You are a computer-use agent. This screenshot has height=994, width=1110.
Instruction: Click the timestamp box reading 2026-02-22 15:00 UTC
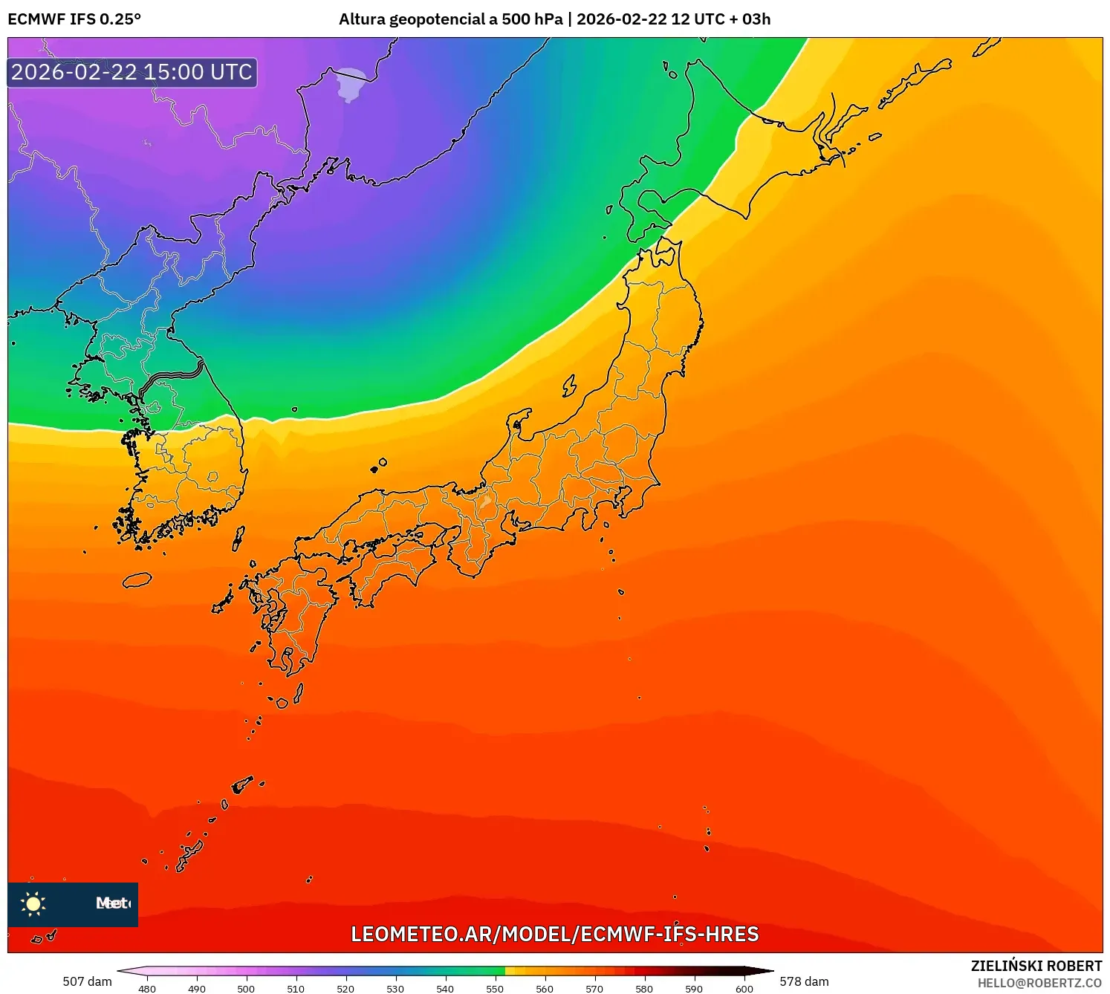[132, 72]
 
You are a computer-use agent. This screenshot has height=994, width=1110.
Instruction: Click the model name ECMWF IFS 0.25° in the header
[74, 19]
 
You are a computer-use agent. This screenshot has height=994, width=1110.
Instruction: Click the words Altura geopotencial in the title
[412, 19]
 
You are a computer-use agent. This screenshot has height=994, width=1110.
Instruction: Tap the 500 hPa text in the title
[532, 19]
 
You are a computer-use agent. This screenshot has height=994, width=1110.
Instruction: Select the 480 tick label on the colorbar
[147, 989]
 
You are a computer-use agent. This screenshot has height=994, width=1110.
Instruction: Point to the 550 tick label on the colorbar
[495, 989]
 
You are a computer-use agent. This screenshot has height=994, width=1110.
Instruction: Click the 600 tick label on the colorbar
[744, 989]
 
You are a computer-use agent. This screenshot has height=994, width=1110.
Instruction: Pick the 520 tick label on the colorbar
[345, 989]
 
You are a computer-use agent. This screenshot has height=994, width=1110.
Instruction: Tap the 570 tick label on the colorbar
[594, 989]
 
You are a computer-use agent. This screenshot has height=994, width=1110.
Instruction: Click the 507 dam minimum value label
[87, 981]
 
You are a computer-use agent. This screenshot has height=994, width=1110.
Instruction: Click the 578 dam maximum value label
[804, 981]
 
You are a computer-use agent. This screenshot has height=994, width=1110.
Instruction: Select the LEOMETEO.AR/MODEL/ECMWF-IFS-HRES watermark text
[555, 934]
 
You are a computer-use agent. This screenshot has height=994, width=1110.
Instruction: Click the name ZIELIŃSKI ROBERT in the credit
[1036, 966]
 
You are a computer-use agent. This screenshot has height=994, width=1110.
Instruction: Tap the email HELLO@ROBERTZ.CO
[1039, 983]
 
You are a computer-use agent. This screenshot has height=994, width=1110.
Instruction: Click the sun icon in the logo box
[33, 903]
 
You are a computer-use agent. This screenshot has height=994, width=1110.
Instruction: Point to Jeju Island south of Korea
[137, 580]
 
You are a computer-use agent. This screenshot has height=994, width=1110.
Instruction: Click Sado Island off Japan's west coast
[570, 386]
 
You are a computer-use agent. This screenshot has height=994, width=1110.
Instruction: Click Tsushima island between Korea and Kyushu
[238, 538]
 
